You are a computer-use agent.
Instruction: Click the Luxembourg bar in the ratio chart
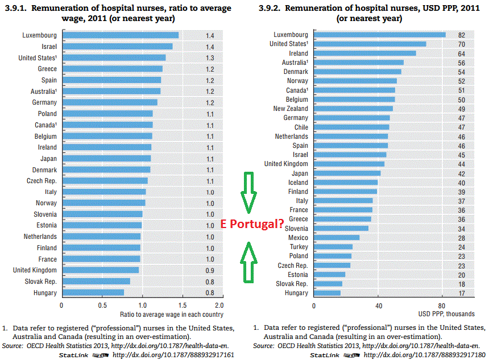120,35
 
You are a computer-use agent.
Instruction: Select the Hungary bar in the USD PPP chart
327,293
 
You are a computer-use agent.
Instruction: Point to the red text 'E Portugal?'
252,224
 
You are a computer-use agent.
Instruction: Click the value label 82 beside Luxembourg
461,35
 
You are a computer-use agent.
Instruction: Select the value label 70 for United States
461,44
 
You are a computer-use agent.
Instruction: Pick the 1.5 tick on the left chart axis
183,304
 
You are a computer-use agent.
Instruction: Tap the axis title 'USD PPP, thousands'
446,314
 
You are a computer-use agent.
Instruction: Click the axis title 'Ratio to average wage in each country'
171,314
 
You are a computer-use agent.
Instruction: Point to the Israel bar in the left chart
117,47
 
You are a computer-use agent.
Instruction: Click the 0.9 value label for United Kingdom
210,270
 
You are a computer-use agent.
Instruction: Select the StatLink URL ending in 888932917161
173,355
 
